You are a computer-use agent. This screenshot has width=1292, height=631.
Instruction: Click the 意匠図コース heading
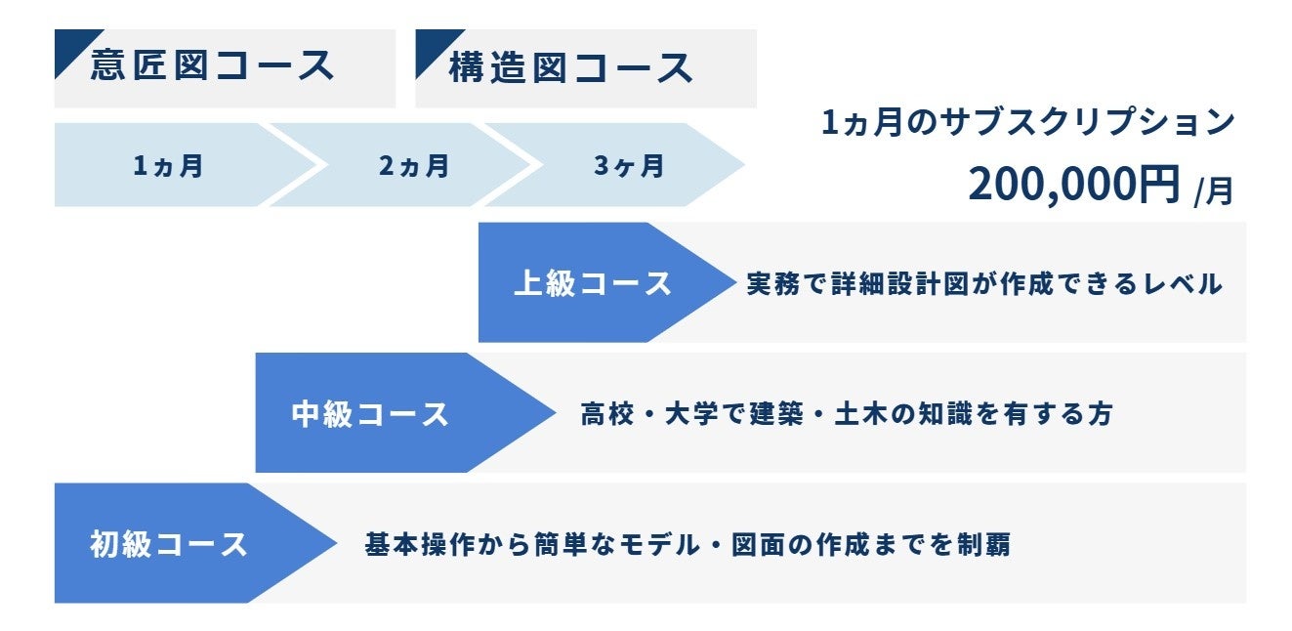point(213,66)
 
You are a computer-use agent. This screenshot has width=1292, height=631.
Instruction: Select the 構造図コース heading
point(571,67)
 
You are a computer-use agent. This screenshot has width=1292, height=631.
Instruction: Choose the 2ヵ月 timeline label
point(414,166)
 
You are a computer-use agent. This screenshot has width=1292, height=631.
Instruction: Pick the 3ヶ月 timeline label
point(629,166)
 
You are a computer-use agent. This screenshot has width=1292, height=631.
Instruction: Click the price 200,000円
point(1074,185)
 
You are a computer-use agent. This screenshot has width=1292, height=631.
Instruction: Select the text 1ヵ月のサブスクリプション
point(1028,123)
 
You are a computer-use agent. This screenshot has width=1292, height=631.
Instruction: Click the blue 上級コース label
point(593,283)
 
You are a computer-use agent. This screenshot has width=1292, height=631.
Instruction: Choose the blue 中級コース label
point(370,413)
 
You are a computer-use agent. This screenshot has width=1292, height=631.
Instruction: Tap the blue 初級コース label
point(169,544)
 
